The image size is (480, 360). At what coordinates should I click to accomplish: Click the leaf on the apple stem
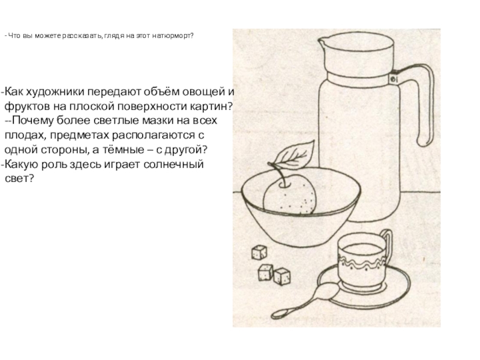click(295, 155)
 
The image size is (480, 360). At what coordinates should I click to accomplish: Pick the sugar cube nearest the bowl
click(259, 253)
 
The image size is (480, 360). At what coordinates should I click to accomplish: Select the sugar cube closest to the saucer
click(281, 276)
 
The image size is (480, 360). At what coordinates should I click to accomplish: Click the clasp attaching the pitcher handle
click(394, 78)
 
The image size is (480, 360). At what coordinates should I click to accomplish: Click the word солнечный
click(173, 164)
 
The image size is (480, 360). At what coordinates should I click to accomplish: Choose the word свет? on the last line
click(19, 178)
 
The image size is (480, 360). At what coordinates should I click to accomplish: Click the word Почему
click(33, 121)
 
